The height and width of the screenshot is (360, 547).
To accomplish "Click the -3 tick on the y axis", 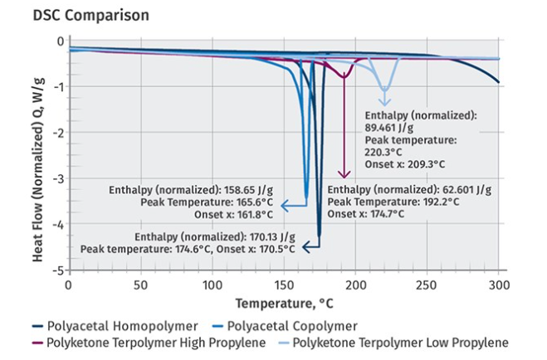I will coord(58,178).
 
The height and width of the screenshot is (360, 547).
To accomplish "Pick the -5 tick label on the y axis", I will coord(58,270).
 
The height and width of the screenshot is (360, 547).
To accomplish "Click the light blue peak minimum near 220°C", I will coord(383,90).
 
